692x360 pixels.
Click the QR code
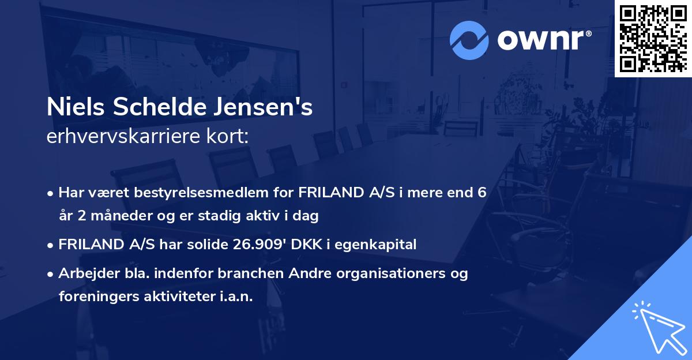(653, 38)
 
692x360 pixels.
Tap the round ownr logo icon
(470, 39)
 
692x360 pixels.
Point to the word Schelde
(158, 108)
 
